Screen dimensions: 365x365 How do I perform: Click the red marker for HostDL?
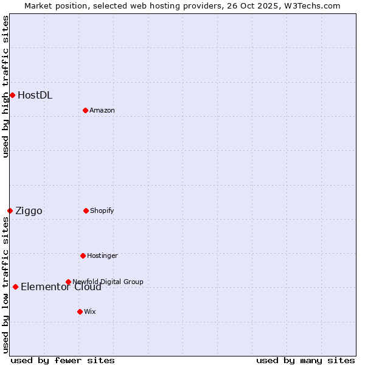(12, 95)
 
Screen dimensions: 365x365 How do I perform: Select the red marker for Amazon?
(85, 110)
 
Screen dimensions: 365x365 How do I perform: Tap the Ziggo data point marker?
(10, 210)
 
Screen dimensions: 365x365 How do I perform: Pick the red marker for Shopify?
(86, 210)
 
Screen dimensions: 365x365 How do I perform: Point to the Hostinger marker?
(83, 255)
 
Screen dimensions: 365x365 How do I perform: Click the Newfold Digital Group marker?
(68, 282)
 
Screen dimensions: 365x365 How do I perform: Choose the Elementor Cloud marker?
(15, 287)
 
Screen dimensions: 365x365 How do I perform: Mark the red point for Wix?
(80, 311)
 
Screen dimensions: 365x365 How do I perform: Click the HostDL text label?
(35, 95)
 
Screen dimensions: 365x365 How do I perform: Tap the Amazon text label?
(102, 110)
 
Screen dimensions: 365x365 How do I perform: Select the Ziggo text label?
(29, 211)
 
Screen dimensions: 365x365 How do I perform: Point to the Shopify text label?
(102, 210)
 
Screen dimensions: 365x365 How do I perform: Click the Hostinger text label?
(102, 255)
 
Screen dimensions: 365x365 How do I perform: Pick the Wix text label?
(90, 311)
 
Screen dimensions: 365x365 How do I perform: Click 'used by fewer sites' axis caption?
(63, 360)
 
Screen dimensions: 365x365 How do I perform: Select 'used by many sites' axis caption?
(305, 360)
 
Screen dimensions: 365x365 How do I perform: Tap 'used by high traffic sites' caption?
(5, 86)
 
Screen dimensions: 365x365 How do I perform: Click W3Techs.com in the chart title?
(311, 5)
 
